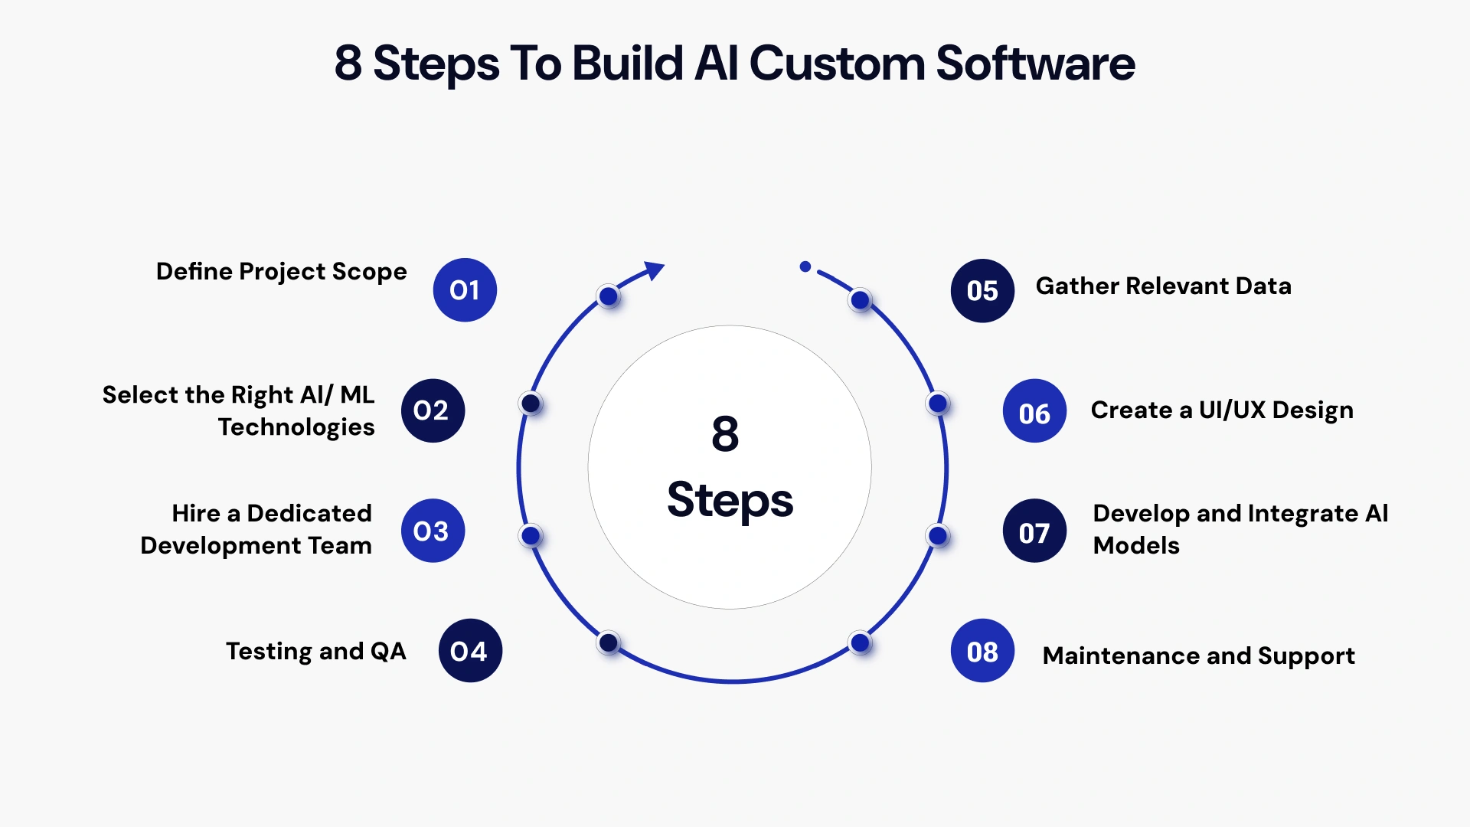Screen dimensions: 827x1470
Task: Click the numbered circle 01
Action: tap(465, 290)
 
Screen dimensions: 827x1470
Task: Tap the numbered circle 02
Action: tap(433, 411)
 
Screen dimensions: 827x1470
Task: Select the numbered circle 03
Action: tap(433, 531)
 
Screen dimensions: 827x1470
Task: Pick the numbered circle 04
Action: tap(470, 651)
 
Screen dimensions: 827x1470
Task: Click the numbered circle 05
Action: tap(982, 291)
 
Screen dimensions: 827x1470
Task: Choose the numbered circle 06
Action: tap(1034, 411)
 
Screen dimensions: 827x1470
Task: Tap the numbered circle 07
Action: tap(1034, 531)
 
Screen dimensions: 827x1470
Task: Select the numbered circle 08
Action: tap(982, 651)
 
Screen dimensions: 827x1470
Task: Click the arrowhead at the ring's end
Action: tap(655, 270)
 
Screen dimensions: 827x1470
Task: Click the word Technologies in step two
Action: tap(296, 427)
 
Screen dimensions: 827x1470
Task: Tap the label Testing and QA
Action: tap(315, 652)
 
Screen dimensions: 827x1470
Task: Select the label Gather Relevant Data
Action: tap(1163, 286)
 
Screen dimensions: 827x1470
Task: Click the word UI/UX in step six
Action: tap(1232, 410)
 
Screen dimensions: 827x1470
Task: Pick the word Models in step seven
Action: tap(1136, 546)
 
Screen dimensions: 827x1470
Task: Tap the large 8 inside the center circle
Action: tap(725, 434)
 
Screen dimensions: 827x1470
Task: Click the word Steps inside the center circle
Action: tap(730, 500)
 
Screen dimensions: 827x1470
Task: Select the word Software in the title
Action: tap(1035, 64)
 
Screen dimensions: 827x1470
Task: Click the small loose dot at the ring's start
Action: tap(805, 266)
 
